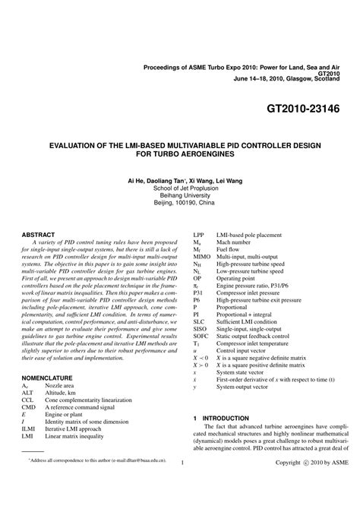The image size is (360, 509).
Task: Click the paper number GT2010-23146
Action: point(303,109)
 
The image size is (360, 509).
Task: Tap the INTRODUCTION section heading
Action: point(225,439)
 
